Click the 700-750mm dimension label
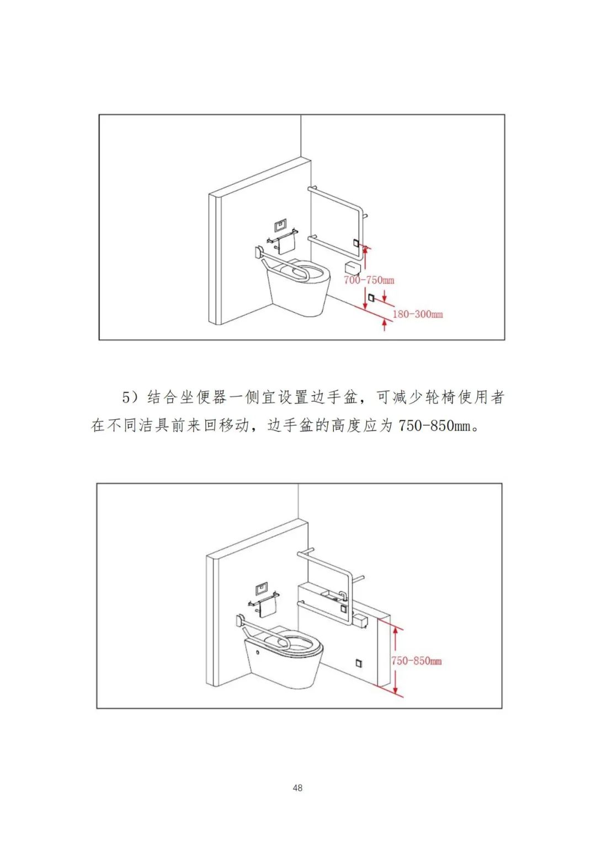coord(369,280)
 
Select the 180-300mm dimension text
coord(417,314)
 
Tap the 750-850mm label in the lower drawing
coord(416,661)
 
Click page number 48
coord(297,788)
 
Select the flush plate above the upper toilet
coord(280,226)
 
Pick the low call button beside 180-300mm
coord(371,298)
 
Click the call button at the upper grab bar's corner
coord(356,243)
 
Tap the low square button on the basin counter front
coord(358,662)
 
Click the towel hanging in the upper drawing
coord(286,245)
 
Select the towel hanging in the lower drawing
coord(268,607)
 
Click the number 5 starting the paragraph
coord(126,398)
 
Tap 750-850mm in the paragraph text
coord(435,426)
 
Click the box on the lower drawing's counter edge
coord(362,621)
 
